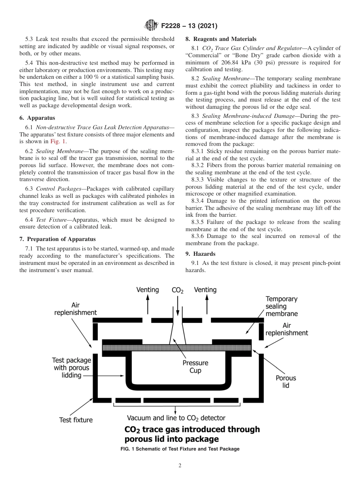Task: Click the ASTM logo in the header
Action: (152, 26)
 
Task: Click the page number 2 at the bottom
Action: (180, 466)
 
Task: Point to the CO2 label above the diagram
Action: (177, 290)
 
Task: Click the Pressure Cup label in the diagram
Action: (195, 366)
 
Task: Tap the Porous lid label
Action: (286, 382)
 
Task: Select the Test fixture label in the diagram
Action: (76, 420)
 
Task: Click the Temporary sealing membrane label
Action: (281, 306)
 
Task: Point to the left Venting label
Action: (147, 290)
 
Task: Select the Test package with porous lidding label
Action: (72, 368)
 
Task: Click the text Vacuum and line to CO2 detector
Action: (176, 418)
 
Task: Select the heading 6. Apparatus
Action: (37, 118)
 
